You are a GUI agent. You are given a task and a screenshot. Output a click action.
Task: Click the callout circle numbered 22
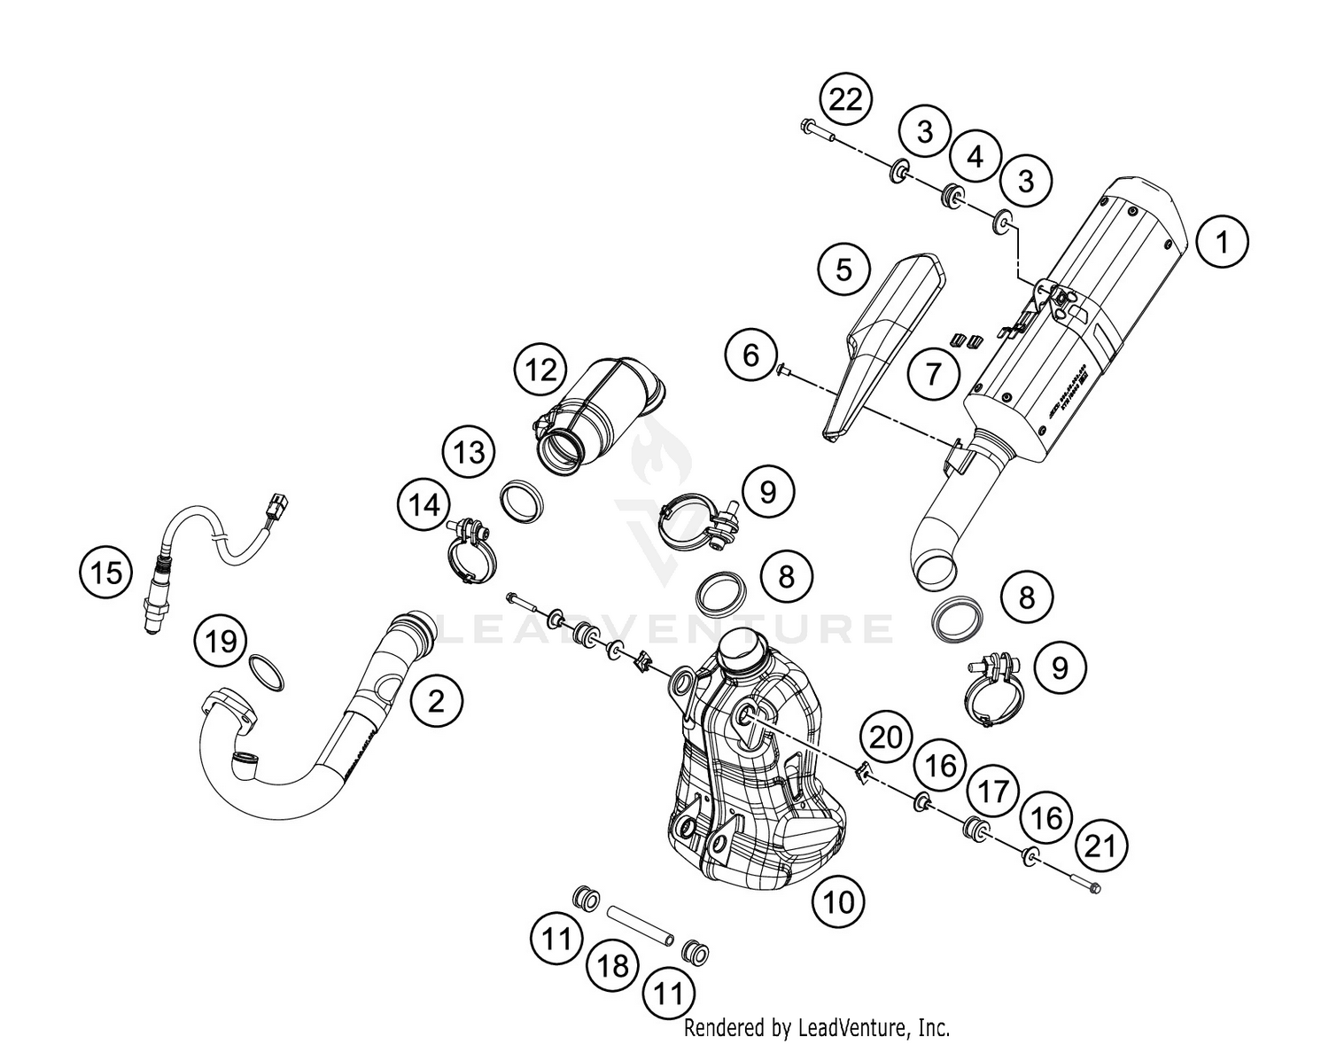845,100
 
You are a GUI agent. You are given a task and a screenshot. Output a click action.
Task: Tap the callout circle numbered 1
1223,241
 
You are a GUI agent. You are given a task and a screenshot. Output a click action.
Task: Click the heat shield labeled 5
886,346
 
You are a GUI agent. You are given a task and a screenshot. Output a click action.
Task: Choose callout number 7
933,374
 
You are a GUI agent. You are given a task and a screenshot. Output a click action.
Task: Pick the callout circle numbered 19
221,639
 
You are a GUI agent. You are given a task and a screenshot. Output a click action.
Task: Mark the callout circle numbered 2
436,701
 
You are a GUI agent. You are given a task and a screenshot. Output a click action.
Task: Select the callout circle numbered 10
839,902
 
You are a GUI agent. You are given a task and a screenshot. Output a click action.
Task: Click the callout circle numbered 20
886,737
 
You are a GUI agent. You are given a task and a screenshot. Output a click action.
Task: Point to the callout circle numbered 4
975,158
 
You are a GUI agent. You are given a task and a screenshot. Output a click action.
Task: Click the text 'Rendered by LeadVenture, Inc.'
816,1028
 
